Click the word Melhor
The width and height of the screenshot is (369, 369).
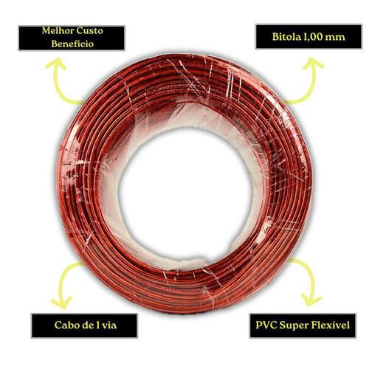point(58,31)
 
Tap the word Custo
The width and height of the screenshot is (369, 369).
point(90,31)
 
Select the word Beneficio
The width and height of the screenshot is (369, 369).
point(72,44)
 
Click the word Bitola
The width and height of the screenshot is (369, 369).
point(286,37)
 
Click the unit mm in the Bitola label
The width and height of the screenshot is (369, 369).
point(335,38)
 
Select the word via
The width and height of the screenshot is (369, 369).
point(109,325)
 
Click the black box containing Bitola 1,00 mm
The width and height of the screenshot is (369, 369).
point(308,37)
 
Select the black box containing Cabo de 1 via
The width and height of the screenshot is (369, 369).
point(84,325)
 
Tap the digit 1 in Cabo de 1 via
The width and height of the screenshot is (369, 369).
point(97,325)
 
